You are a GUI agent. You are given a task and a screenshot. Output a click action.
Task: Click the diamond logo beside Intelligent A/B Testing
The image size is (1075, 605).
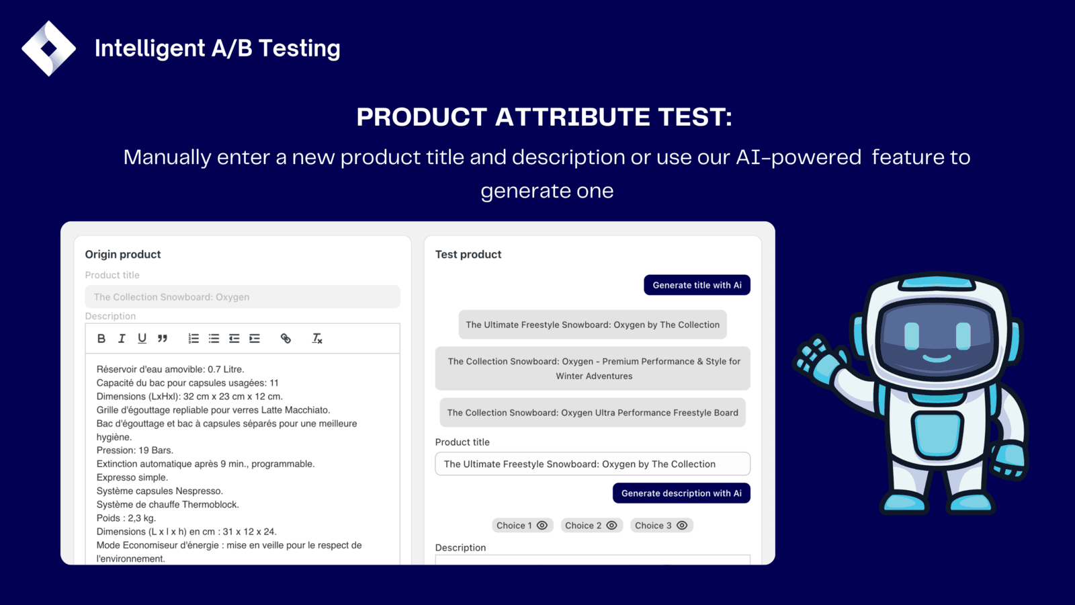pos(48,48)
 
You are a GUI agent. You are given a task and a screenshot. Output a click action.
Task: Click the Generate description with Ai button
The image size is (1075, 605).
pos(681,493)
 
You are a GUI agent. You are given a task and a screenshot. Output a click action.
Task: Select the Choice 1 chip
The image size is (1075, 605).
pos(522,525)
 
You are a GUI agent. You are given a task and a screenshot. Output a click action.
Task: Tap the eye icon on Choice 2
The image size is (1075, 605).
pos(611,525)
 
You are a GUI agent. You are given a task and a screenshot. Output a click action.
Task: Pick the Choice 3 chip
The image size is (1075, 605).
pos(661,525)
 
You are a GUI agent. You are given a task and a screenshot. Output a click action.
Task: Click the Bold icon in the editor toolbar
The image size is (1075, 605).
pos(101,339)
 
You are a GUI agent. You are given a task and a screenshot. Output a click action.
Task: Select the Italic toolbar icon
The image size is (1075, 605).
pos(122,339)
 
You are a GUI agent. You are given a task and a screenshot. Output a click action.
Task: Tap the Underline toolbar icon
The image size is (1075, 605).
pos(142,339)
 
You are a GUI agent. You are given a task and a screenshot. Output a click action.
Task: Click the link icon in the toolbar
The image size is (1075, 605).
pos(286,339)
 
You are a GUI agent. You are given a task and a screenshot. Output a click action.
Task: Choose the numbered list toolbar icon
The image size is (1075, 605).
pos(193,339)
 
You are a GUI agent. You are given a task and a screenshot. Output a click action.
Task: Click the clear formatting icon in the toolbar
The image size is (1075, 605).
pos(316,339)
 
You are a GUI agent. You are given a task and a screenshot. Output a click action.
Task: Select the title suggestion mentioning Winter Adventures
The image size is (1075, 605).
pos(593,368)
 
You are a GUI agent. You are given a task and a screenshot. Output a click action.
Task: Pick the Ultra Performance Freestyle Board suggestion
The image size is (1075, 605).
pos(593,413)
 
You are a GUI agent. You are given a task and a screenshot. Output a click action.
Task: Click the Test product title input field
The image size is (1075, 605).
pos(593,464)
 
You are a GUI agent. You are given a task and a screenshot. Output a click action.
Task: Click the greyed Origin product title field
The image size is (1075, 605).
pos(243,296)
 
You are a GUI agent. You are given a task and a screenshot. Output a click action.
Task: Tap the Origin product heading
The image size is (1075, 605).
pos(123,255)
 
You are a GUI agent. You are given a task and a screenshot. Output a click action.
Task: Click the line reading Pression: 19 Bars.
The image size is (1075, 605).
pos(135,450)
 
